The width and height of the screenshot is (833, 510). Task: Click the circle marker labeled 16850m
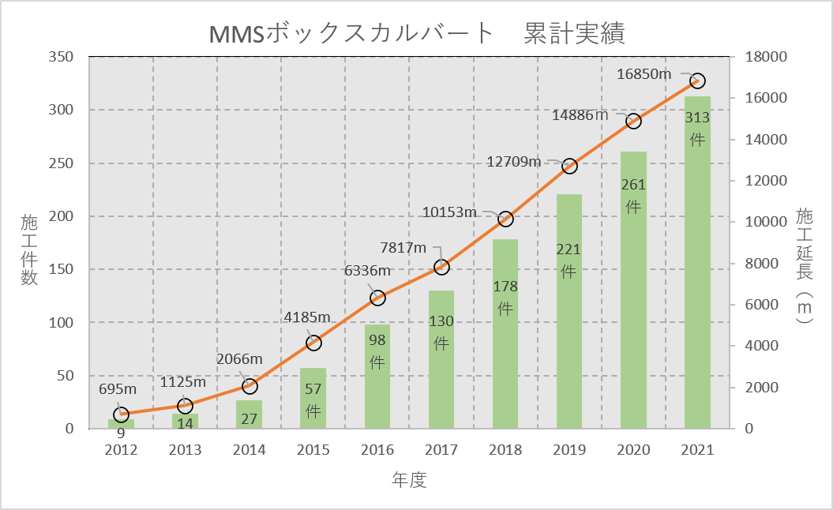pos(697,81)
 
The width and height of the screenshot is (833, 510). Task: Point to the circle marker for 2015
pos(313,343)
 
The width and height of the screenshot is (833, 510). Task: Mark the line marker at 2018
pos(505,219)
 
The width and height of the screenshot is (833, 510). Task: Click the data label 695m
pos(118,389)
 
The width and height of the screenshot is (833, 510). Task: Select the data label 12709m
pos(513,162)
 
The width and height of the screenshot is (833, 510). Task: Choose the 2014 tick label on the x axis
pos(250,450)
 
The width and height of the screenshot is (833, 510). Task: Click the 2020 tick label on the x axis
pos(633,450)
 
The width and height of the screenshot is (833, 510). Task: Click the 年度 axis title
pos(409,479)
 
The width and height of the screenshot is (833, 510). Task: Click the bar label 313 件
pos(697,129)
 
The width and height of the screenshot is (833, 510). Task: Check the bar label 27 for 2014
pos(250,418)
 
